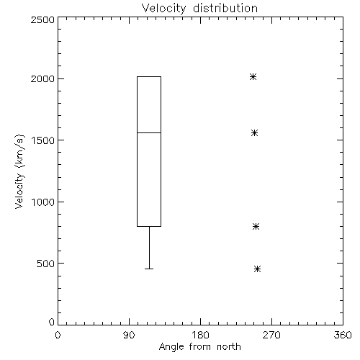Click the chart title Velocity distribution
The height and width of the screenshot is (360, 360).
(199, 9)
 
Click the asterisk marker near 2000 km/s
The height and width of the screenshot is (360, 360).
(253, 77)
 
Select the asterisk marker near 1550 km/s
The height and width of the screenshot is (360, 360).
(254, 133)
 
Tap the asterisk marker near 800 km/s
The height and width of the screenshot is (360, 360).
(256, 226)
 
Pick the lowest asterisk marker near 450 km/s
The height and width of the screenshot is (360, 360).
(257, 269)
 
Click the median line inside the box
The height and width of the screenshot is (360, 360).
(149, 132)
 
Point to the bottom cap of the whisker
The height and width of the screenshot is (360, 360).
(149, 269)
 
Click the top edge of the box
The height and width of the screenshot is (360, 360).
(149, 77)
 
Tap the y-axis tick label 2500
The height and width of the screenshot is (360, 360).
(42, 19)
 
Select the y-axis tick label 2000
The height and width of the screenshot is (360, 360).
(42, 78)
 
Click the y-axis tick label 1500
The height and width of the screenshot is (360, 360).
(43, 140)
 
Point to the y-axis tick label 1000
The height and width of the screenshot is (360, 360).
(43, 202)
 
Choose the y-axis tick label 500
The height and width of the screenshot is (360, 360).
(46, 264)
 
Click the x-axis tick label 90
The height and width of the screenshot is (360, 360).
(129, 335)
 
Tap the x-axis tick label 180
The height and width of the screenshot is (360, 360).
(199, 335)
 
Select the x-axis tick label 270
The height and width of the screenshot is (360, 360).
(271, 335)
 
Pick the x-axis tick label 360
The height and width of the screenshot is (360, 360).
(343, 335)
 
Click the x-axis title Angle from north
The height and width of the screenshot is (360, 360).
(200, 347)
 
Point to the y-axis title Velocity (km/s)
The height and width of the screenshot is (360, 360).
(19, 171)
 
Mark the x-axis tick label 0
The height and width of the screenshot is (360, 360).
(58, 335)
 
